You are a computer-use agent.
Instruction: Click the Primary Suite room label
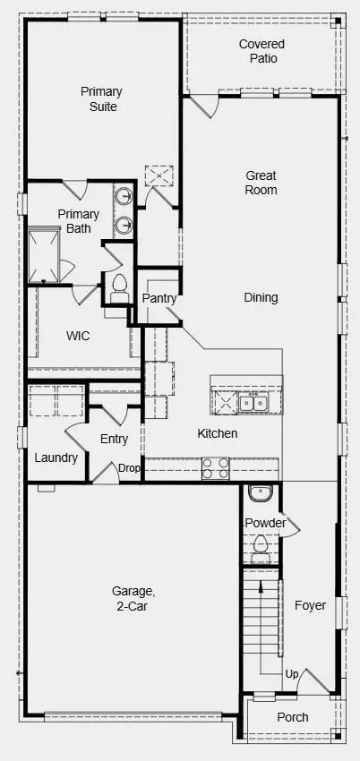(101, 98)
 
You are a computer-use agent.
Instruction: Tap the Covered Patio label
(262, 51)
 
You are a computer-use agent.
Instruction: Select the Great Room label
(261, 183)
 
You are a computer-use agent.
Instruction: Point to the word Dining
(261, 297)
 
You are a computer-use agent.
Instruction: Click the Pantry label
(158, 298)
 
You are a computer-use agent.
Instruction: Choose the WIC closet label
(79, 336)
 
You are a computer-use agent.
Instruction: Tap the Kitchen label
(218, 433)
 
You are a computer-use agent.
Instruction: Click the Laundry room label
(56, 457)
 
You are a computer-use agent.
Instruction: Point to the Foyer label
(311, 605)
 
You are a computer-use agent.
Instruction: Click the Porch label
(293, 717)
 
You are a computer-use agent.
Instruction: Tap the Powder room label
(265, 523)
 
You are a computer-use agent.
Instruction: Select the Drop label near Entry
(130, 467)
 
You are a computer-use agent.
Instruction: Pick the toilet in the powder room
(260, 546)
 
